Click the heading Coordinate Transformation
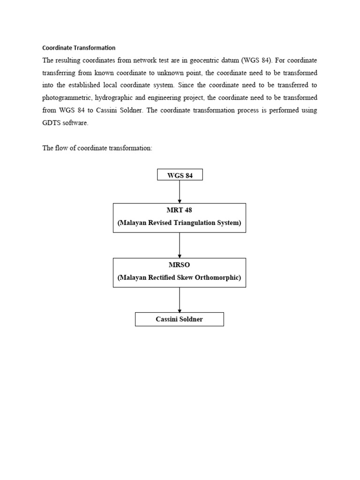pos(79,48)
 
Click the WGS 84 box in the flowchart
pos(180,175)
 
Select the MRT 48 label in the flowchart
pos(180,210)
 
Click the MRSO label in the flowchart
pos(180,265)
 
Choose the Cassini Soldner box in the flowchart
pos(180,319)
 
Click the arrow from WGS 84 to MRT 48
pos(180,192)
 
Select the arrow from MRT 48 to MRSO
pos(180,245)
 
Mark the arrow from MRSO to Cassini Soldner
pos(180,300)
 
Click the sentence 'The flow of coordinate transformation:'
pos(97,148)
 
